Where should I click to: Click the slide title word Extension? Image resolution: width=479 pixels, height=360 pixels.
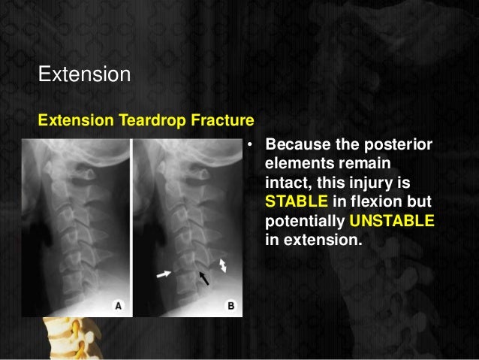click(x=84, y=76)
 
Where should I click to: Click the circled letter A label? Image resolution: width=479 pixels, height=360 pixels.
click(x=119, y=305)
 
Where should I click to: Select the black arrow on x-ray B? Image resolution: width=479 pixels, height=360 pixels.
click(x=203, y=279)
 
